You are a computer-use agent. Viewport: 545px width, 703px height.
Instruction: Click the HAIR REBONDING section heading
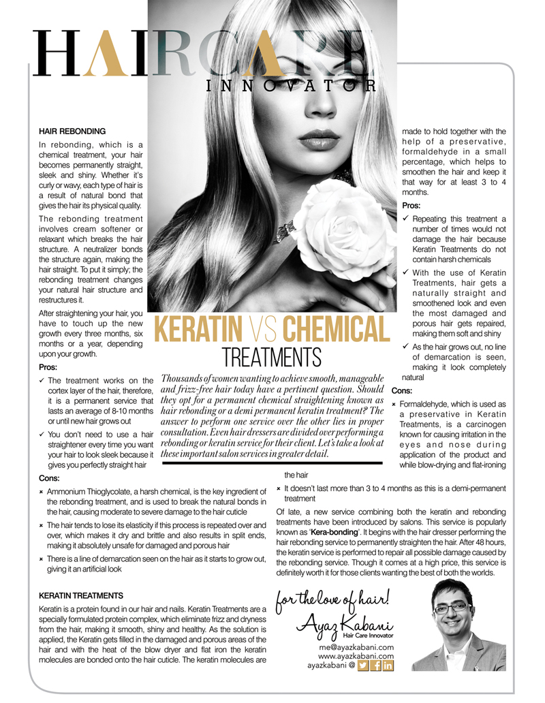coord(72,129)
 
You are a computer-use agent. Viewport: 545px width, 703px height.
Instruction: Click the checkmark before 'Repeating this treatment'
coord(406,219)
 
